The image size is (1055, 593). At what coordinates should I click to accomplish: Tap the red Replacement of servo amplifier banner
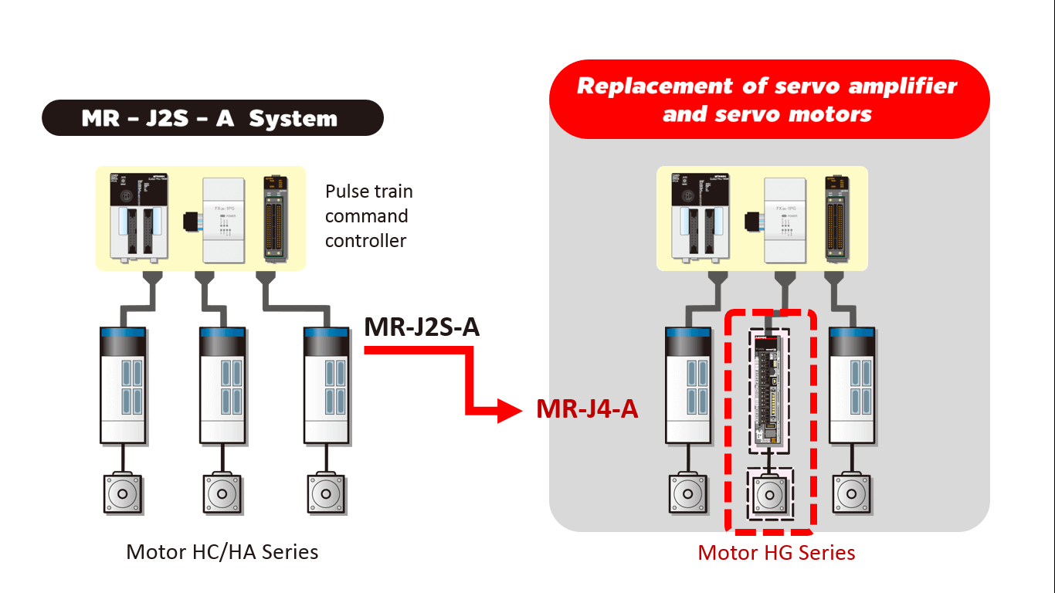click(x=768, y=100)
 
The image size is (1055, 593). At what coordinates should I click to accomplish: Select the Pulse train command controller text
click(x=368, y=215)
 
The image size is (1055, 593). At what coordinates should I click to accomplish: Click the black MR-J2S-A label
click(x=422, y=327)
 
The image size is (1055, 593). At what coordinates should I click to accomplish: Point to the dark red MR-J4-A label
click(x=587, y=408)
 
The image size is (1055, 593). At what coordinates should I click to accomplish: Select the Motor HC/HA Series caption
click(x=222, y=552)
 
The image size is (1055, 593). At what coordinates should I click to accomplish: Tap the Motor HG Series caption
click(x=776, y=553)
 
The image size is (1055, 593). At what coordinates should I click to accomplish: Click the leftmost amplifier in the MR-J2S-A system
click(x=124, y=385)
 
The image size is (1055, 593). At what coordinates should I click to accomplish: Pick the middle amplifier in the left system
click(x=223, y=385)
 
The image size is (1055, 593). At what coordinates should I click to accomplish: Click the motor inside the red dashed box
click(x=769, y=494)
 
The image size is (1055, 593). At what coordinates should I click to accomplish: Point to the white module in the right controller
click(x=785, y=219)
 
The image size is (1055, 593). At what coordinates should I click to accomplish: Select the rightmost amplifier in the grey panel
click(x=853, y=385)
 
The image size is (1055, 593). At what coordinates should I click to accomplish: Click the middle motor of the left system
click(x=223, y=493)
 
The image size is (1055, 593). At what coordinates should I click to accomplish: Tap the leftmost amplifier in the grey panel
click(x=687, y=385)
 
